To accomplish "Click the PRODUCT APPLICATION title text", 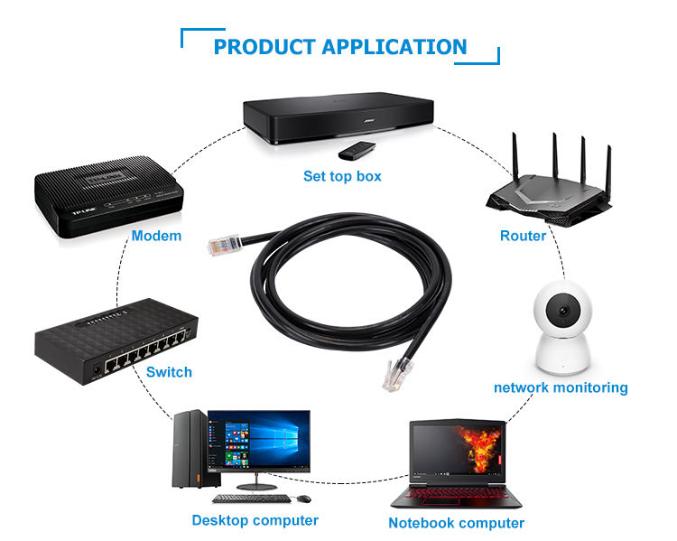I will (340, 47).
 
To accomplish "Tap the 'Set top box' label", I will (342, 176).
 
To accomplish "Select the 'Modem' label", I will (156, 237).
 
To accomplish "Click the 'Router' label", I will (523, 236).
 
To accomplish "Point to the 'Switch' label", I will (169, 371).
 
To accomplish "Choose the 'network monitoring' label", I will (561, 387).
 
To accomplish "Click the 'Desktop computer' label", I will (255, 520).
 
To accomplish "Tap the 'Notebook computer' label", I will (456, 523).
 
